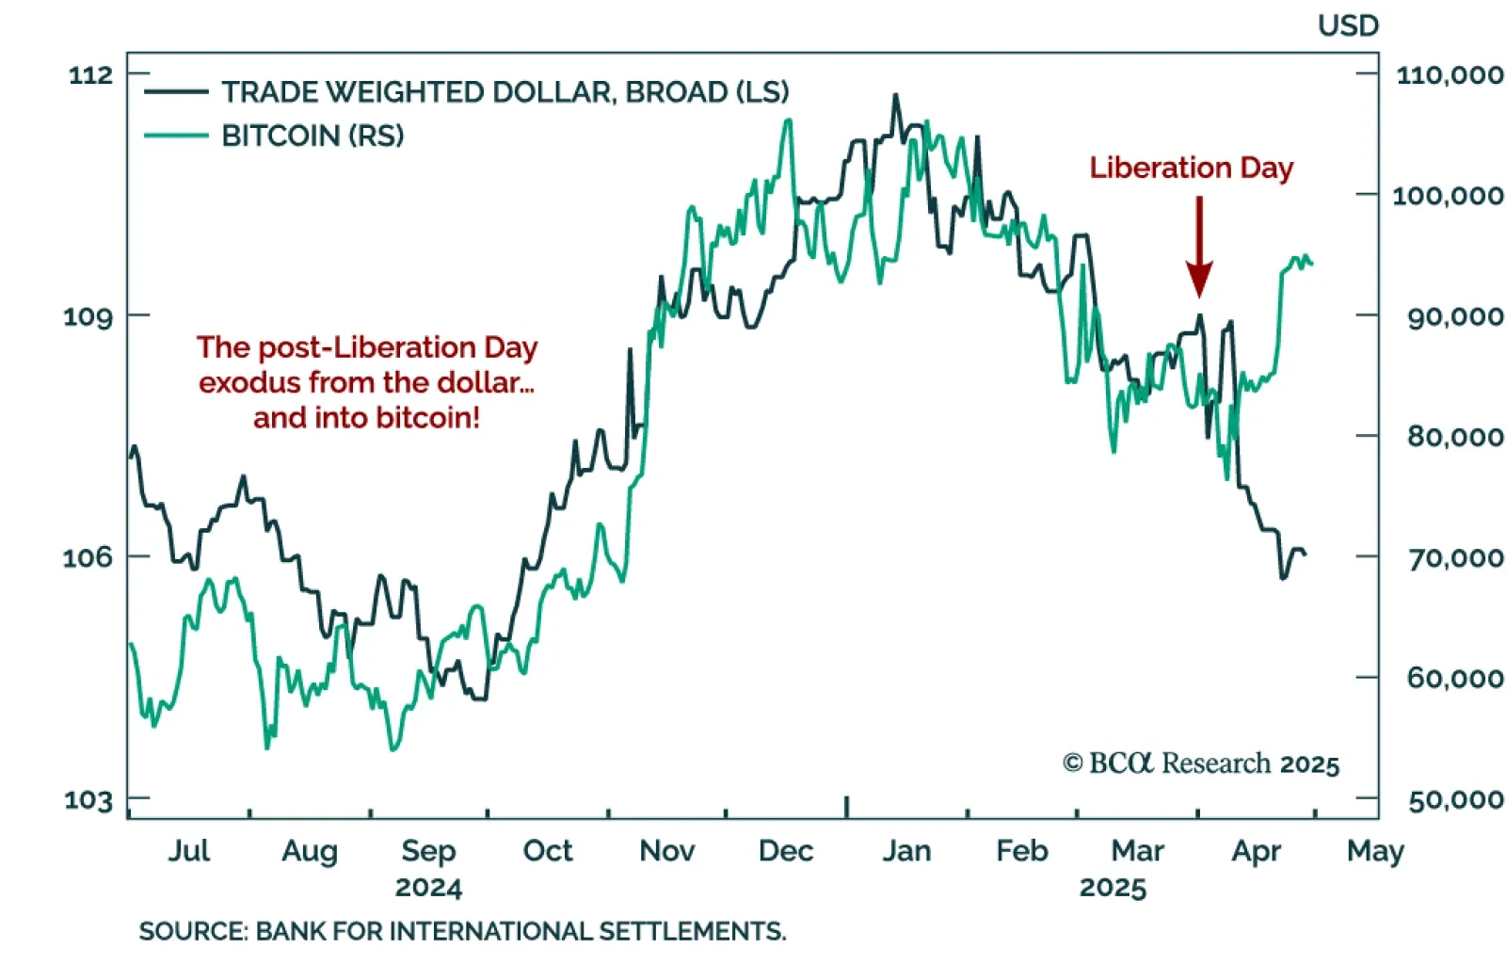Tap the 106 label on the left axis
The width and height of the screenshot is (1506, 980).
coord(88,557)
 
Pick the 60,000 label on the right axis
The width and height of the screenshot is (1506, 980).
coord(1454,678)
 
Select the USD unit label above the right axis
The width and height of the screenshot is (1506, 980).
coord(1348,25)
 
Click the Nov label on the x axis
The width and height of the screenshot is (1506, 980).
coord(666,851)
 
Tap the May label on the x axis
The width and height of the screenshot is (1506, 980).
coord(1375,851)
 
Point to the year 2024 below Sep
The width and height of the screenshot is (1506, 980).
coord(428,888)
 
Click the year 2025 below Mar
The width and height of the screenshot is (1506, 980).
coord(1113,888)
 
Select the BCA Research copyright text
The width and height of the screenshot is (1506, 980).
coord(1200,763)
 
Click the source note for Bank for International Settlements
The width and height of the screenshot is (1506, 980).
coord(462,931)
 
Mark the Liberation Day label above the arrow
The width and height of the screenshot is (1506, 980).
coord(1191,168)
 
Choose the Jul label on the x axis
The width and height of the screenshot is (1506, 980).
coord(188,851)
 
